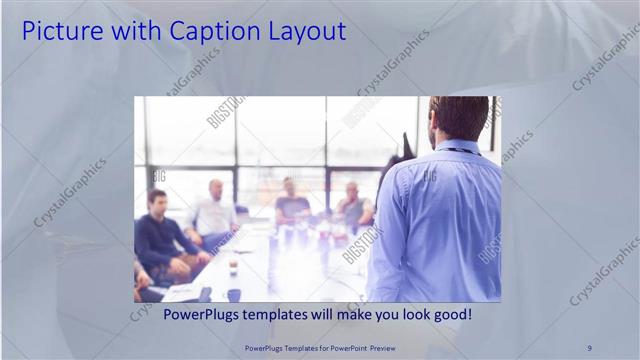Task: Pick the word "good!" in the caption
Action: pos(448,314)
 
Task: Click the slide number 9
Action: pos(589,347)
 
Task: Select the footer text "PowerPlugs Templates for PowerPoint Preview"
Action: pos(320,347)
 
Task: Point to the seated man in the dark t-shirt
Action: pos(291,205)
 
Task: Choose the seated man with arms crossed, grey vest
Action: pos(353,206)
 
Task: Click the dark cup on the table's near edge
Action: pos(233,295)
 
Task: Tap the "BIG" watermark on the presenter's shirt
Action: pos(429,175)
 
